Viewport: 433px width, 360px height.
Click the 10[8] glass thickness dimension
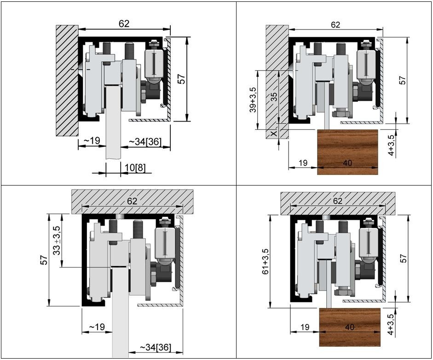pyautogui.click(x=135, y=168)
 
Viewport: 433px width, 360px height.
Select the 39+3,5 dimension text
pyautogui.click(x=253, y=100)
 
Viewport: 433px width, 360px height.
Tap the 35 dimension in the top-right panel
pyautogui.click(x=274, y=96)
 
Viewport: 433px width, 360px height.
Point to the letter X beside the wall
pyautogui.click(x=274, y=134)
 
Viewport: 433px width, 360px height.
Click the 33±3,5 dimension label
pyautogui.click(x=57, y=240)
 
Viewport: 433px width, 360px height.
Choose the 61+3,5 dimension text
pyautogui.click(x=265, y=261)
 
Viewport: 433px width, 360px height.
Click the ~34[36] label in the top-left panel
pyautogui.click(x=144, y=142)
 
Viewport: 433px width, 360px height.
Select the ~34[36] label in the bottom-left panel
pyautogui.click(x=155, y=347)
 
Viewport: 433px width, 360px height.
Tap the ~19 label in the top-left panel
pyautogui.click(x=91, y=141)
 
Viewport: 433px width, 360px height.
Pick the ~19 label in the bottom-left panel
pyautogui.click(x=97, y=327)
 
